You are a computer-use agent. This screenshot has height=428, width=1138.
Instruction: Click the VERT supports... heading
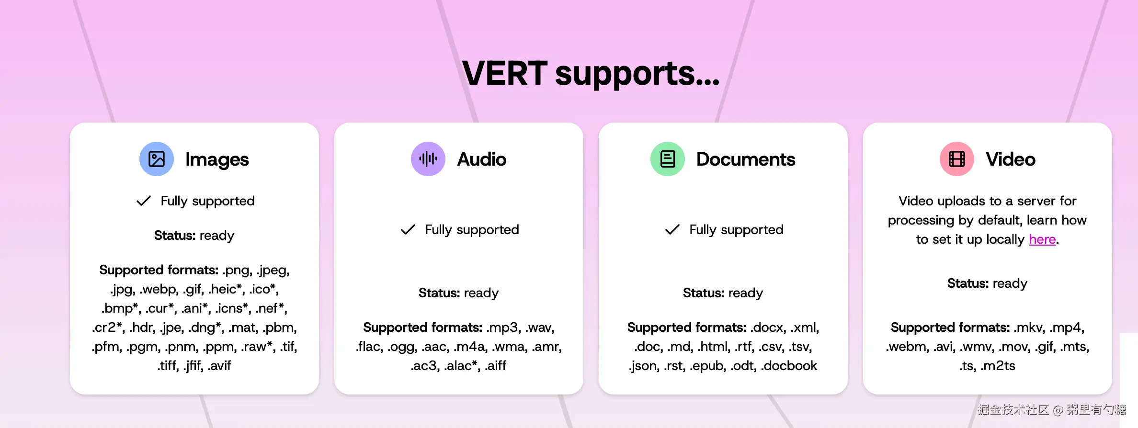coord(591,73)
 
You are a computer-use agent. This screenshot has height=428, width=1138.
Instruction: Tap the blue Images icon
coord(157,159)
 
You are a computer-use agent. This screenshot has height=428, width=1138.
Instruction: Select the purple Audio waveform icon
coord(428,159)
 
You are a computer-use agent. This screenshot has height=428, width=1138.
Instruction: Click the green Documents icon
coord(668,159)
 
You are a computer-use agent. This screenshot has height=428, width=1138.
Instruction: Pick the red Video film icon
coord(957,159)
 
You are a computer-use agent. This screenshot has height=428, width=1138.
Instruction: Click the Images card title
coord(217,159)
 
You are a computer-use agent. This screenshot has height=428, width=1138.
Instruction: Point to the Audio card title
coord(482,159)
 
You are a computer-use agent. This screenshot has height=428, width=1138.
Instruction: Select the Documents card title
coord(746,159)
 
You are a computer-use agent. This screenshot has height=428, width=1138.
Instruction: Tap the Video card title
coord(1011,159)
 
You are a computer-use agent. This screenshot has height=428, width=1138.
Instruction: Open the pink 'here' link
coord(1042,239)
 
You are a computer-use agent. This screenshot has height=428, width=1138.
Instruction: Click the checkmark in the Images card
coord(144,201)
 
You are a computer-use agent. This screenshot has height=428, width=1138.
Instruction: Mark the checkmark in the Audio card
coord(408,229)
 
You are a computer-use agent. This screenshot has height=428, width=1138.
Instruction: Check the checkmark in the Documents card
coord(672,229)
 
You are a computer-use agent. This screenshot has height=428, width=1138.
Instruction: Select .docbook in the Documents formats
coord(789,366)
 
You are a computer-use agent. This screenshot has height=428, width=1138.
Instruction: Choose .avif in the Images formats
coord(219,366)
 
